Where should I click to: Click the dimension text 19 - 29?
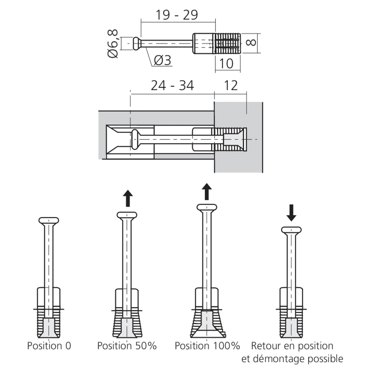(177, 15)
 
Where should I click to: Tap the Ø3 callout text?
(162, 60)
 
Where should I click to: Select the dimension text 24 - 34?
(172, 86)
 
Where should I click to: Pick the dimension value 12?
(231, 86)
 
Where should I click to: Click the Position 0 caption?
(49, 346)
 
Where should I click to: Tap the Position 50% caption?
(127, 346)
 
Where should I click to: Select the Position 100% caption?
(207, 346)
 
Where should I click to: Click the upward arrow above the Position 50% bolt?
(128, 198)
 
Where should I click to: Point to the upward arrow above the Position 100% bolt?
(207, 191)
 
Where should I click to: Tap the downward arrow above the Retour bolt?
(292, 213)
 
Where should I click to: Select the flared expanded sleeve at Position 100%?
(208, 321)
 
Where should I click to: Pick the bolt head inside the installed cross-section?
(135, 139)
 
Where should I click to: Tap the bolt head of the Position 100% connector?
(207, 207)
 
